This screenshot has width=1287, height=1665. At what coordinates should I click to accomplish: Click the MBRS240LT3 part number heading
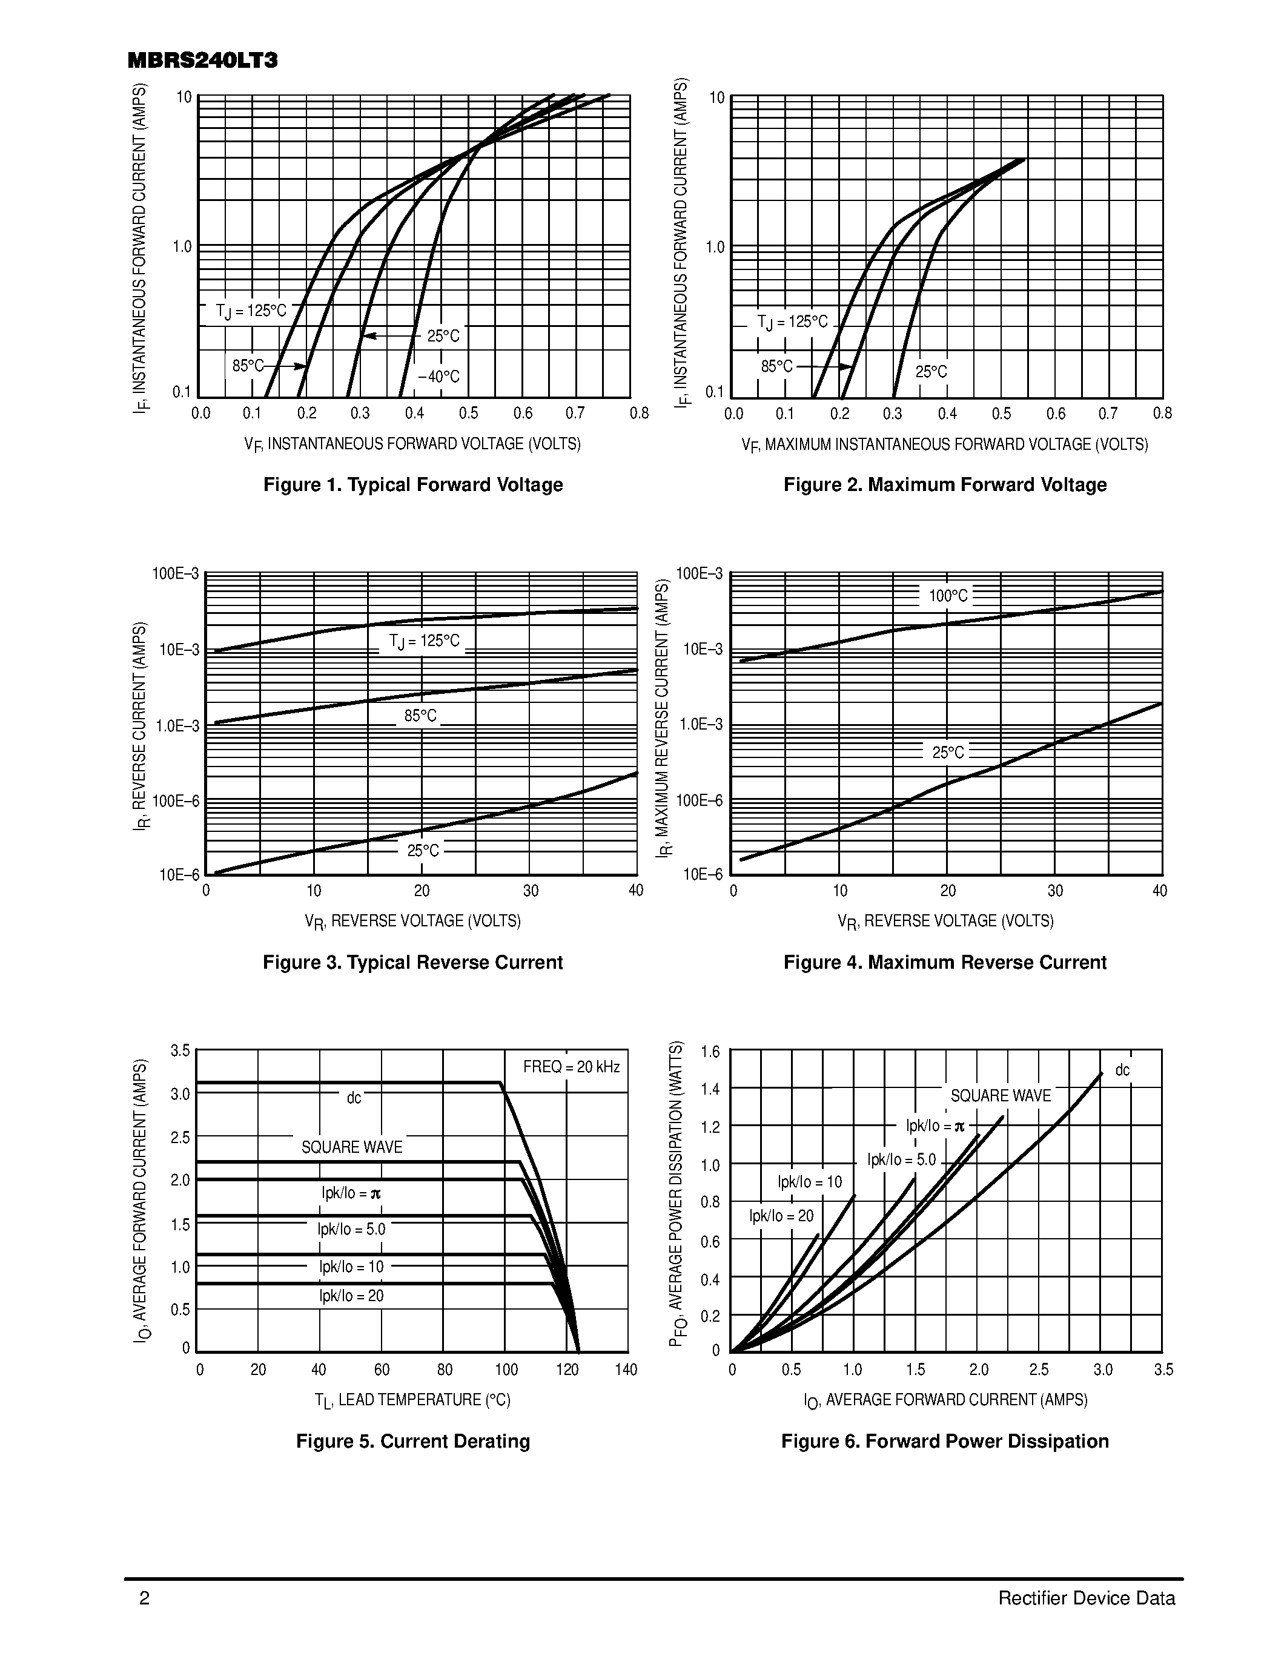[x=203, y=61]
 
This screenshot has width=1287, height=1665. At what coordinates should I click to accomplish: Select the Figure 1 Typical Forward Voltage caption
[x=412, y=485]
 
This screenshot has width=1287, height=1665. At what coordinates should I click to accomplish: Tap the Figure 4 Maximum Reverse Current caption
[x=945, y=962]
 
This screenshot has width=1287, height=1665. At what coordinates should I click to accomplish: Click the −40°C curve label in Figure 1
[x=438, y=377]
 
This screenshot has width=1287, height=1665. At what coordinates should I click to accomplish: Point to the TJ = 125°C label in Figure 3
[x=424, y=641]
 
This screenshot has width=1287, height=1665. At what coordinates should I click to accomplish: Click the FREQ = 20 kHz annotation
[x=571, y=1067]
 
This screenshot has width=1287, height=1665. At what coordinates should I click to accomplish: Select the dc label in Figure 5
[x=354, y=1098]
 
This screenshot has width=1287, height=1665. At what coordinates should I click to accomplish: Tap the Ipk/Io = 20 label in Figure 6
[x=781, y=1216]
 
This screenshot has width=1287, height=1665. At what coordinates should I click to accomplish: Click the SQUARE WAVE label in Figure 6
[x=1001, y=1095]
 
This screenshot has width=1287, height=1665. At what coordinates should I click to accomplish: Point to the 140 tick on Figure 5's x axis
[x=625, y=1370]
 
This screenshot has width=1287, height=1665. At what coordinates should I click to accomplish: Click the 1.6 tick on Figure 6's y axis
[x=710, y=1053]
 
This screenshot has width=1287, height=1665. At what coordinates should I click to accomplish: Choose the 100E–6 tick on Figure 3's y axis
[x=176, y=800]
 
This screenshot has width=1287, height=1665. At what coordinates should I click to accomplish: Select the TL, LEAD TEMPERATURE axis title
[x=412, y=1400]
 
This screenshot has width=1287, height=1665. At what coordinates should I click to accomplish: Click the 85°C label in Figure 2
[x=777, y=367]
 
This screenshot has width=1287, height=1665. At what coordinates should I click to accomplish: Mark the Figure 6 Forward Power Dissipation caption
[x=945, y=1441]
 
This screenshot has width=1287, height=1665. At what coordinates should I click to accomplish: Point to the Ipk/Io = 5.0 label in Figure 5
[x=351, y=1229]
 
